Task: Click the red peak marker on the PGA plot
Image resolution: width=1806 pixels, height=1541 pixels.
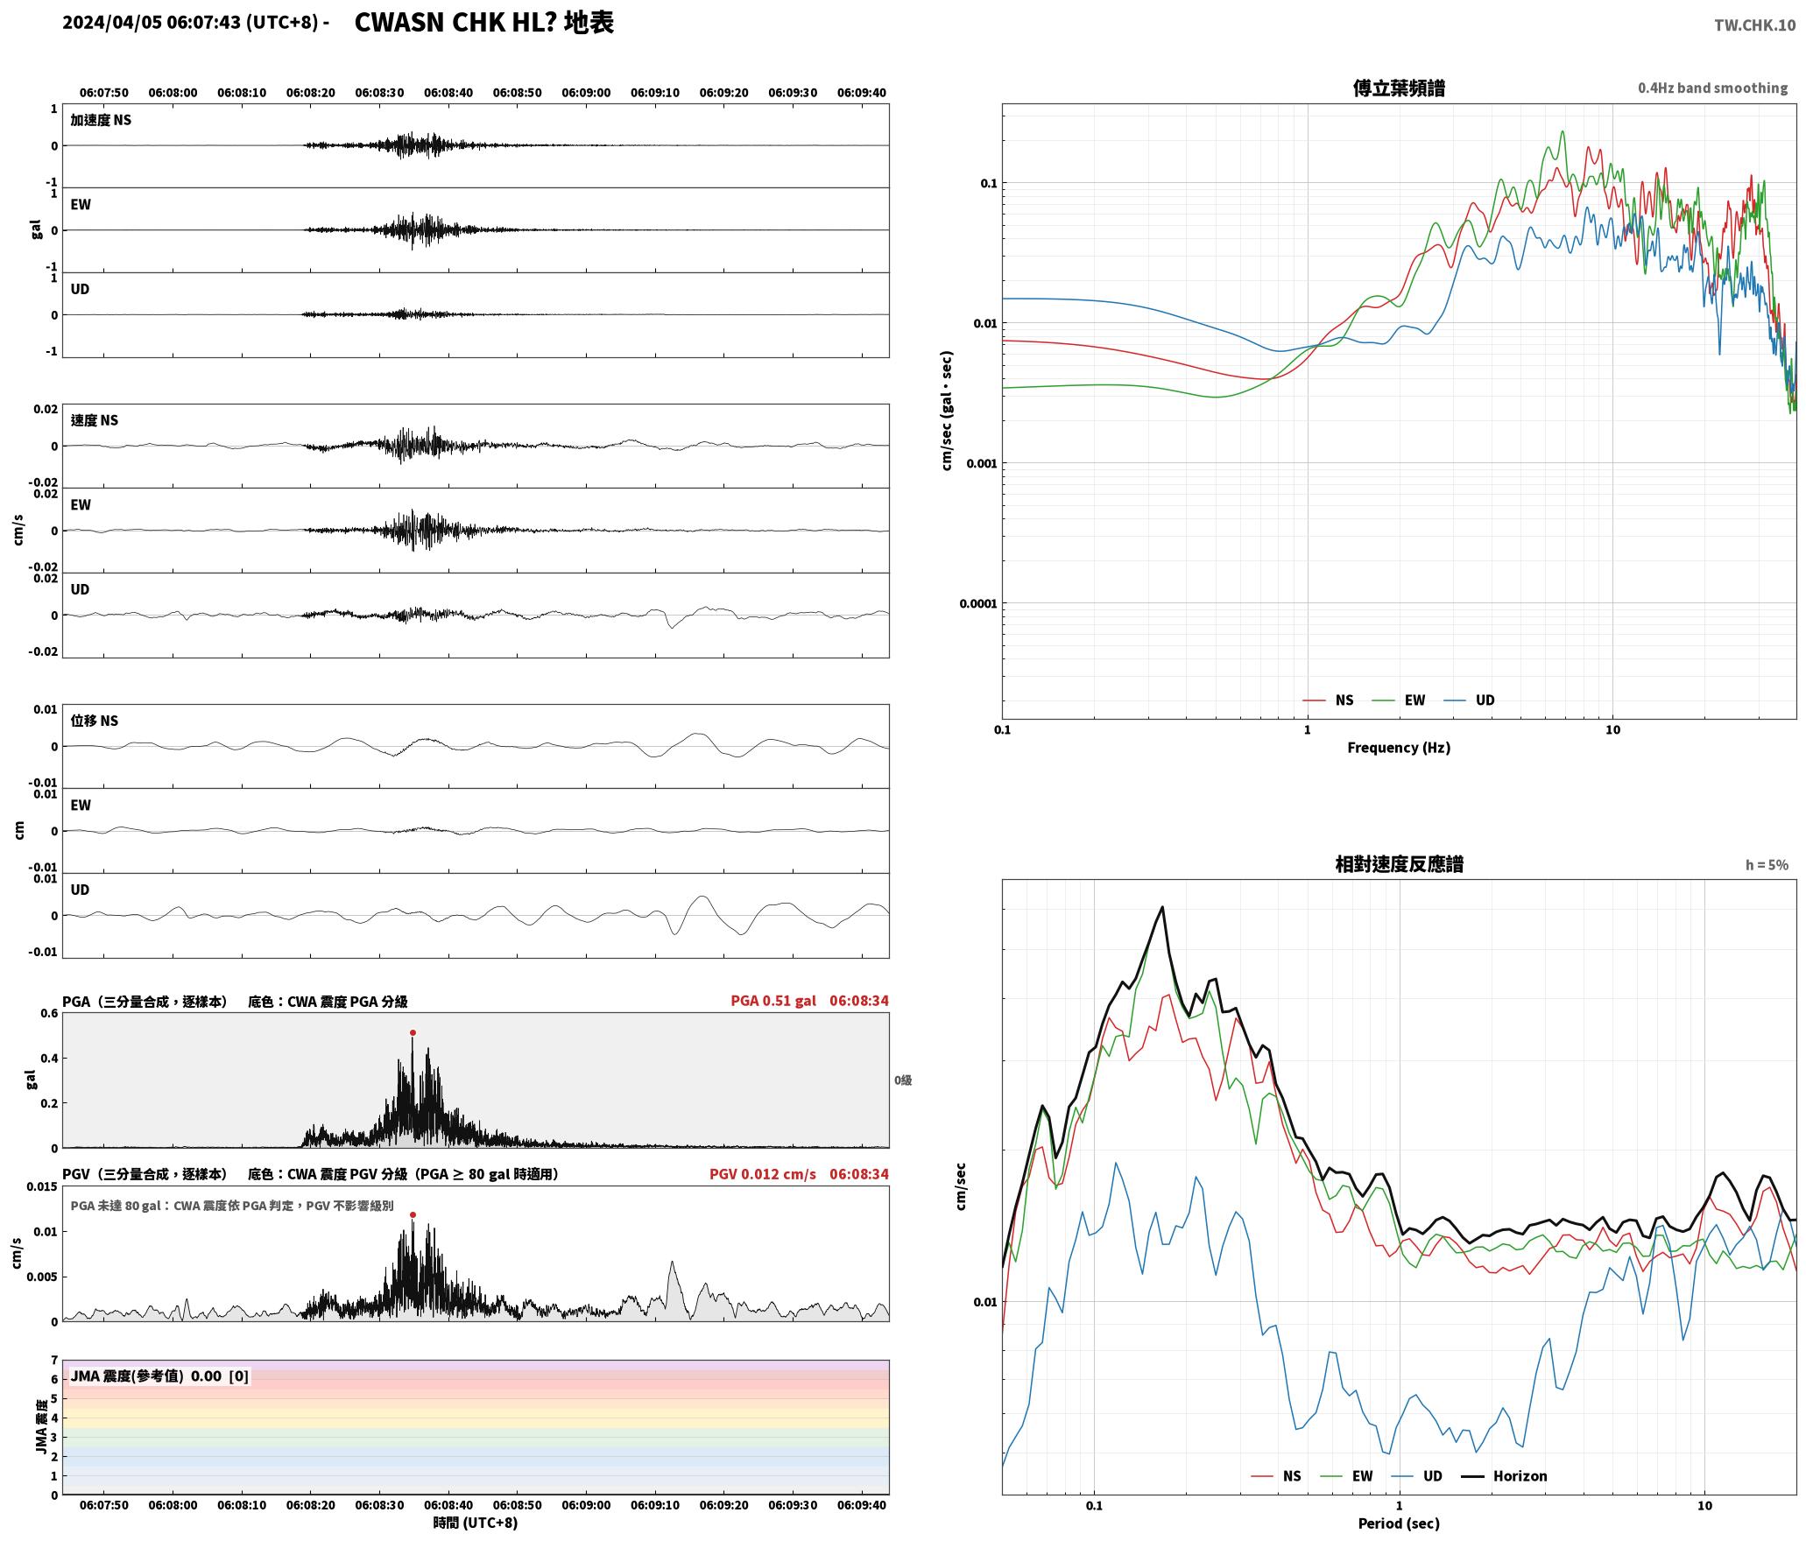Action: [x=413, y=1032]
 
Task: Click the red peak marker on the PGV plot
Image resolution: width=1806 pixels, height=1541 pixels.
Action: [x=413, y=1214]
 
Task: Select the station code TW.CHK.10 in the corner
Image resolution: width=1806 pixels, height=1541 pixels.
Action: [x=1754, y=25]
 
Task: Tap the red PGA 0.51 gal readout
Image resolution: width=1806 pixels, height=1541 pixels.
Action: [x=773, y=1000]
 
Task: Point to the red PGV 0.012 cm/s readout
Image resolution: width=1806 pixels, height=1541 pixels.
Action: [x=762, y=1173]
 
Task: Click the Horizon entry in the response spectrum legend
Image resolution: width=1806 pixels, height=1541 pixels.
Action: [x=1520, y=1475]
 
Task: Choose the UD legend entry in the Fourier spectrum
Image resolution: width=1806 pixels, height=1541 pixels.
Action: [x=1485, y=700]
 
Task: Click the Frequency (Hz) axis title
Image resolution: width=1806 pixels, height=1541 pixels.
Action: [x=1399, y=747]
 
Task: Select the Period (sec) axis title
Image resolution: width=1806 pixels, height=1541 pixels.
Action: [x=1399, y=1523]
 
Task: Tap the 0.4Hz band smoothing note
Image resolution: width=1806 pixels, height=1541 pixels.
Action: [x=1713, y=88]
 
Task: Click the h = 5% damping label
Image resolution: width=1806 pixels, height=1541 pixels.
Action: [x=1767, y=864]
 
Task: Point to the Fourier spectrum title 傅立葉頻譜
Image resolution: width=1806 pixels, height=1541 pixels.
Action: [x=1399, y=88]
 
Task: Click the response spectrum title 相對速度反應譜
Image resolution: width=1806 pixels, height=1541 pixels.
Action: [x=1399, y=863]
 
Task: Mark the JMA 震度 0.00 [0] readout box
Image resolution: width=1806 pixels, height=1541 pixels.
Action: [x=159, y=1376]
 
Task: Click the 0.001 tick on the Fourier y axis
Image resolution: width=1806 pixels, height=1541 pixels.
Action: [x=982, y=463]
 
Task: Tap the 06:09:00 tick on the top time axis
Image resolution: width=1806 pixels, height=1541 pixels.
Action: [x=586, y=92]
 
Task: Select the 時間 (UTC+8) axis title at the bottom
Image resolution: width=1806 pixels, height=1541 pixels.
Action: [x=476, y=1523]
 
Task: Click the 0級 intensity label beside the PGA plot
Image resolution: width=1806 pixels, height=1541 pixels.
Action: [x=903, y=1080]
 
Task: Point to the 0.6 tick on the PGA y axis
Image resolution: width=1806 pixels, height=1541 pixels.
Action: [x=49, y=1013]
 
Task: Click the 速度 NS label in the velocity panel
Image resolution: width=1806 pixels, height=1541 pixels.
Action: [x=95, y=420]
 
